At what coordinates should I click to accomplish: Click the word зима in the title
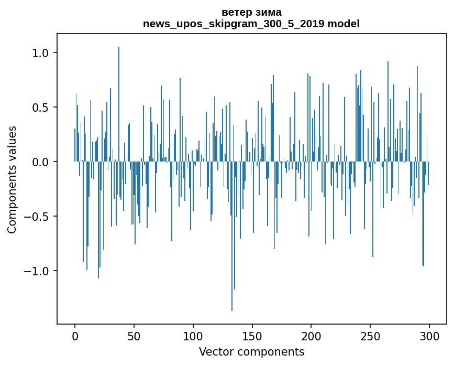[x=268, y=12]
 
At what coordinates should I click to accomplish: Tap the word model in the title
[x=344, y=24]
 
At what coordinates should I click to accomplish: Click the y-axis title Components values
[x=12, y=179]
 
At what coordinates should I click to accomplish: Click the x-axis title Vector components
[x=251, y=352]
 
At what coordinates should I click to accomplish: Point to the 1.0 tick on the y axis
[x=41, y=53]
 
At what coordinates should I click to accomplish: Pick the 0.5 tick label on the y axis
[x=41, y=108]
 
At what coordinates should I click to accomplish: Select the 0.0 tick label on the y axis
[x=41, y=162]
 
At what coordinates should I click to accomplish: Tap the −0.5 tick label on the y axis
[x=38, y=217]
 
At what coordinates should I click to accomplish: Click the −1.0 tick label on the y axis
[x=38, y=271]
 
